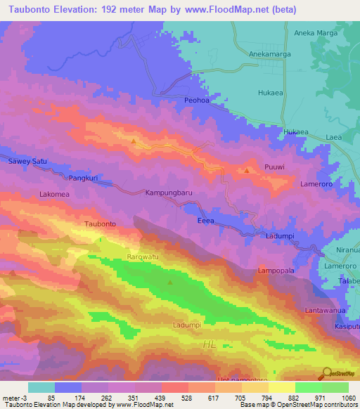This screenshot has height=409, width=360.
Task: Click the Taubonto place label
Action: point(100,224)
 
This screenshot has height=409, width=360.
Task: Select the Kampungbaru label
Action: point(169,192)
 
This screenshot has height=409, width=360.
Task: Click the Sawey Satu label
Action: point(27,161)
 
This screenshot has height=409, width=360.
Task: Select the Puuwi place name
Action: point(275,167)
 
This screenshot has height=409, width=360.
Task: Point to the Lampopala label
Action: point(276,270)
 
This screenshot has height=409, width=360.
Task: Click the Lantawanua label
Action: point(326,310)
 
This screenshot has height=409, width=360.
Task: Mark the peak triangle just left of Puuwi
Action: point(247,170)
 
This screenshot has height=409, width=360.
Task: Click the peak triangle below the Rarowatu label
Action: point(170,283)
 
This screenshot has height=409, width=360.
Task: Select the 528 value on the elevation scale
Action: point(175,398)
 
